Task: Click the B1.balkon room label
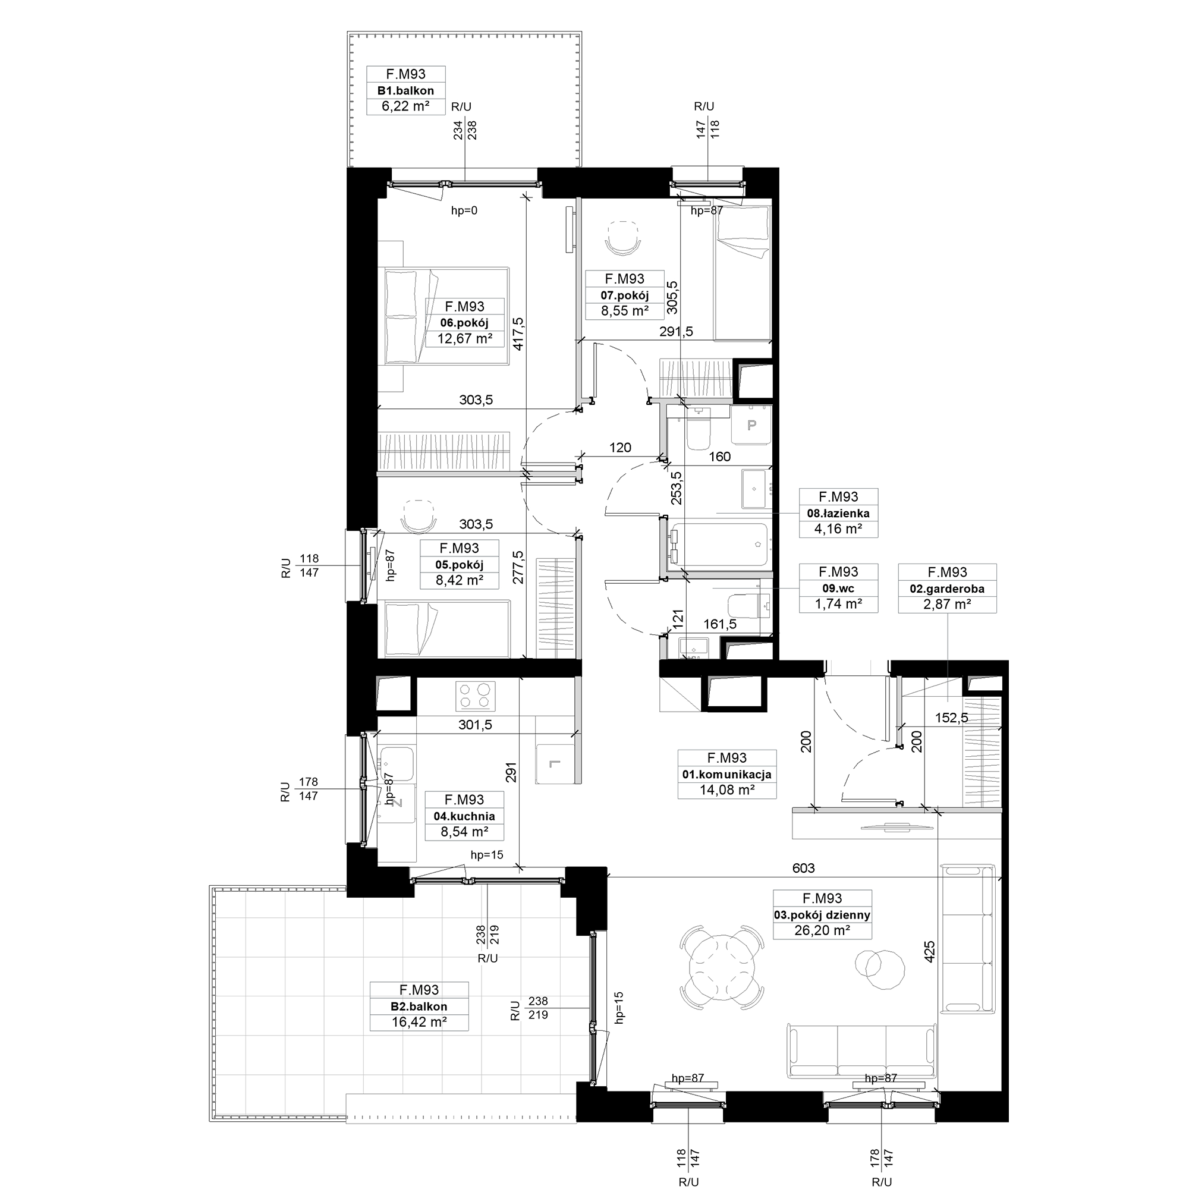point(405,90)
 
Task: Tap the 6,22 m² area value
point(405,106)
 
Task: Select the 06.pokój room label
point(464,323)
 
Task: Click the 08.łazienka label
point(838,513)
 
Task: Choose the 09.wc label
point(838,589)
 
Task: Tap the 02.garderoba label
point(947,589)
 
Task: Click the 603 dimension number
point(803,868)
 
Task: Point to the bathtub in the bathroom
point(719,545)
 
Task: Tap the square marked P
point(751,424)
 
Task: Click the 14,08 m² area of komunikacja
point(727,789)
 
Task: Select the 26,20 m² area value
point(822,930)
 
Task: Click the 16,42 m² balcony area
point(419,1022)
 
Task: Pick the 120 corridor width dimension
point(619,448)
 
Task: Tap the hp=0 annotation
point(464,210)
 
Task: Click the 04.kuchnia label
point(464,816)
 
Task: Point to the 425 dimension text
point(929,951)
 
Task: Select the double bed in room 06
point(443,316)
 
